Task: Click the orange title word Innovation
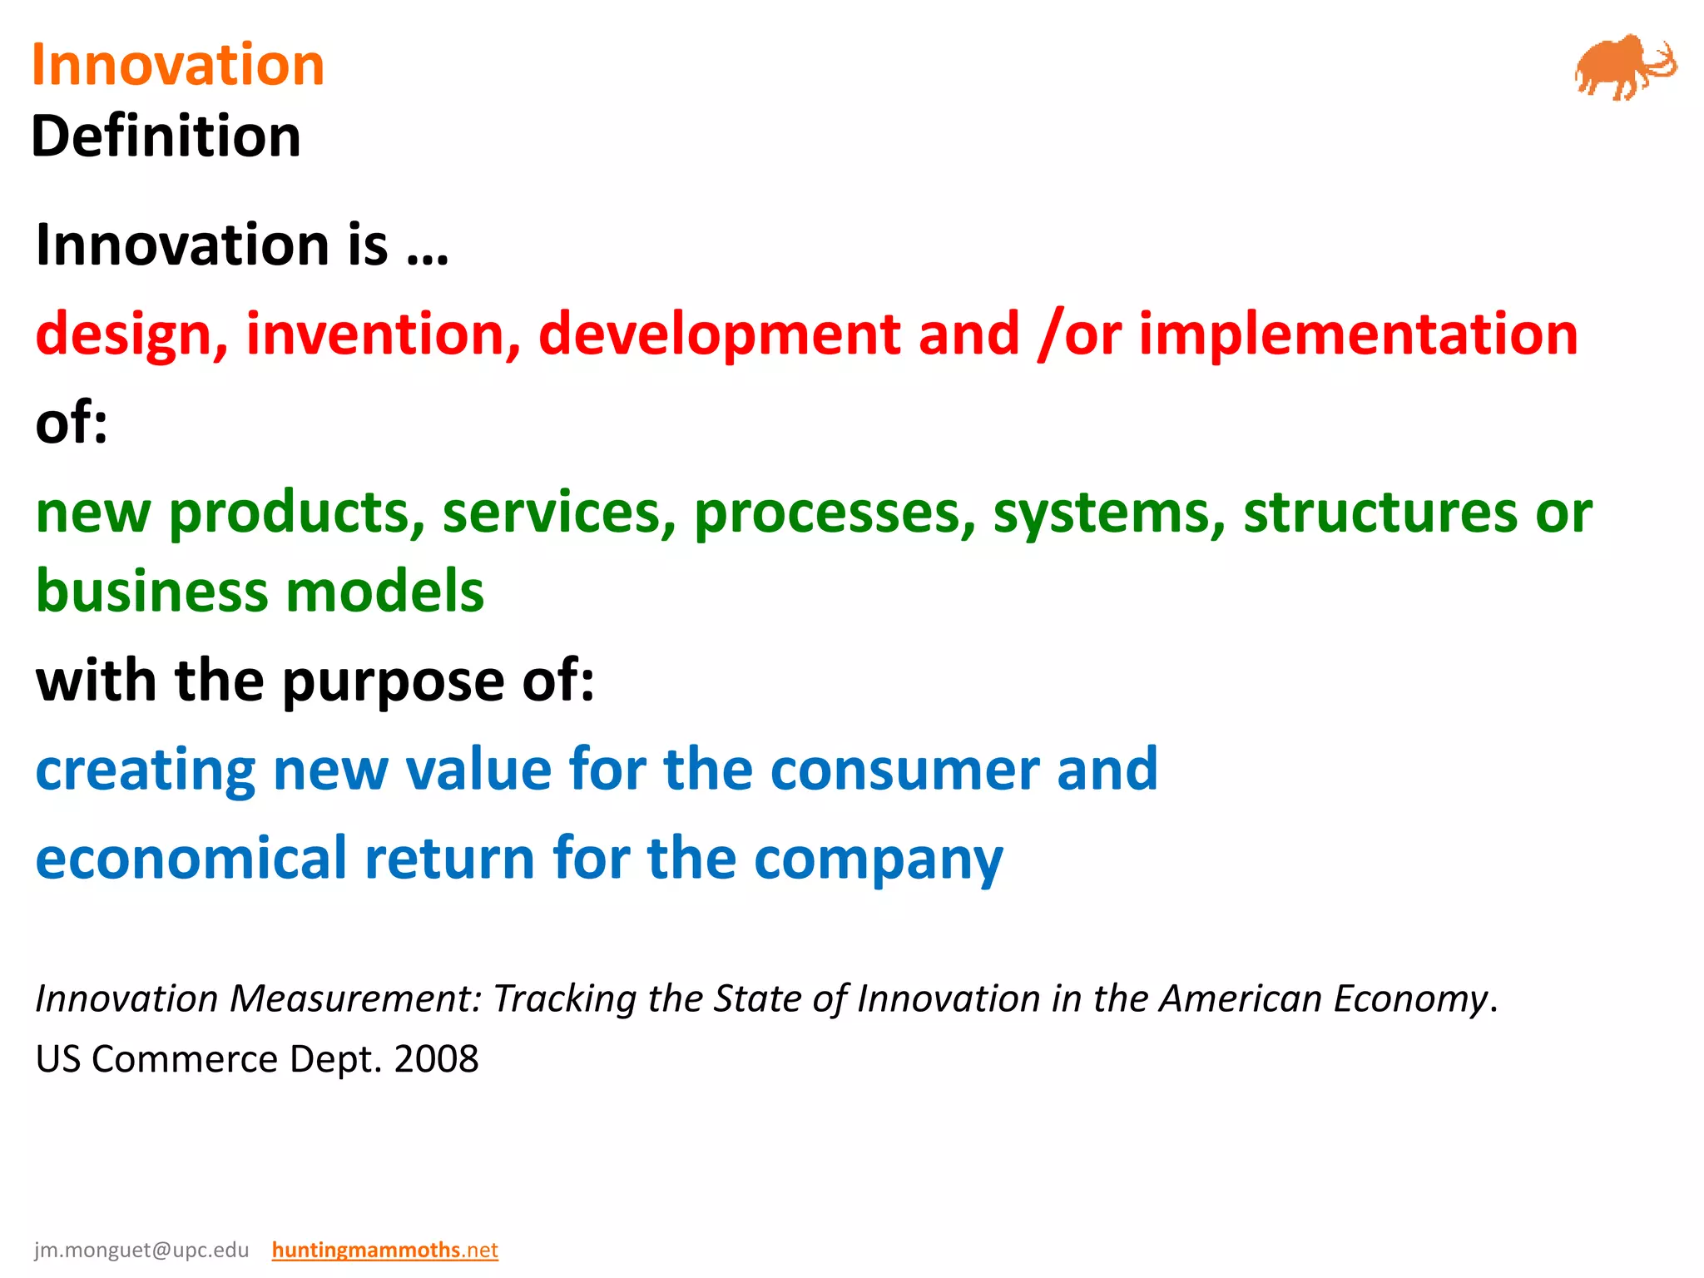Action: [x=177, y=65]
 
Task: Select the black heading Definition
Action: [x=166, y=136]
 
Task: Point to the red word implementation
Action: [x=1358, y=334]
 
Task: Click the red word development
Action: [x=720, y=334]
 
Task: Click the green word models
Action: [x=385, y=592]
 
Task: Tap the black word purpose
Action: [x=393, y=681]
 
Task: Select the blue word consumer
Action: [x=904, y=769]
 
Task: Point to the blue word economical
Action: [x=191, y=858]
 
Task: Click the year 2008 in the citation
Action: [x=436, y=1059]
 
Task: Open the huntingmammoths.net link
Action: [x=384, y=1250]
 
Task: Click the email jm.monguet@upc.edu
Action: [x=141, y=1250]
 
